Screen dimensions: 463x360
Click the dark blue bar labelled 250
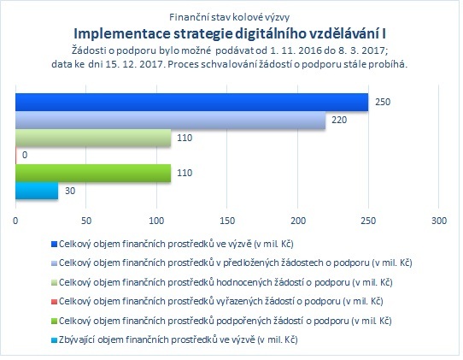192,103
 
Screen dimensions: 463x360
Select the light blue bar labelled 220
170,121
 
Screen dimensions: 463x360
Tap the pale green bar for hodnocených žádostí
93,138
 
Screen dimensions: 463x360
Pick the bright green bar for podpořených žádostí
93,174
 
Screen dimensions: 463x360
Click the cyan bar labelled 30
37,191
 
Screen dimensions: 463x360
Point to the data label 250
383,102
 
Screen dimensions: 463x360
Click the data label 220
339,120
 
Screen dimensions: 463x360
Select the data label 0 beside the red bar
25,155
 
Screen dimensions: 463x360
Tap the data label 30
70,191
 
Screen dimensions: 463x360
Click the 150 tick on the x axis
227,221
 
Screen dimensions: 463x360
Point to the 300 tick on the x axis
439,221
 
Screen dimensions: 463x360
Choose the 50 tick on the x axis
86,221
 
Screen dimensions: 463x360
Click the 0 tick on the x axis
15,221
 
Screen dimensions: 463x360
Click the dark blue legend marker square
54,245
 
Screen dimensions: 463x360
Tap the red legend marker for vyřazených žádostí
54,302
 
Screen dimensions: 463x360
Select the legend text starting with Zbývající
179,339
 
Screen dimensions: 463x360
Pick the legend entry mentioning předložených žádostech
235,263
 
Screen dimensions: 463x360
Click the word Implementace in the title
122,34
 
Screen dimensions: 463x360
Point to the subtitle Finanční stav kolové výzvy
230,17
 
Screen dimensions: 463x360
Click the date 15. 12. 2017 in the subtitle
134,64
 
